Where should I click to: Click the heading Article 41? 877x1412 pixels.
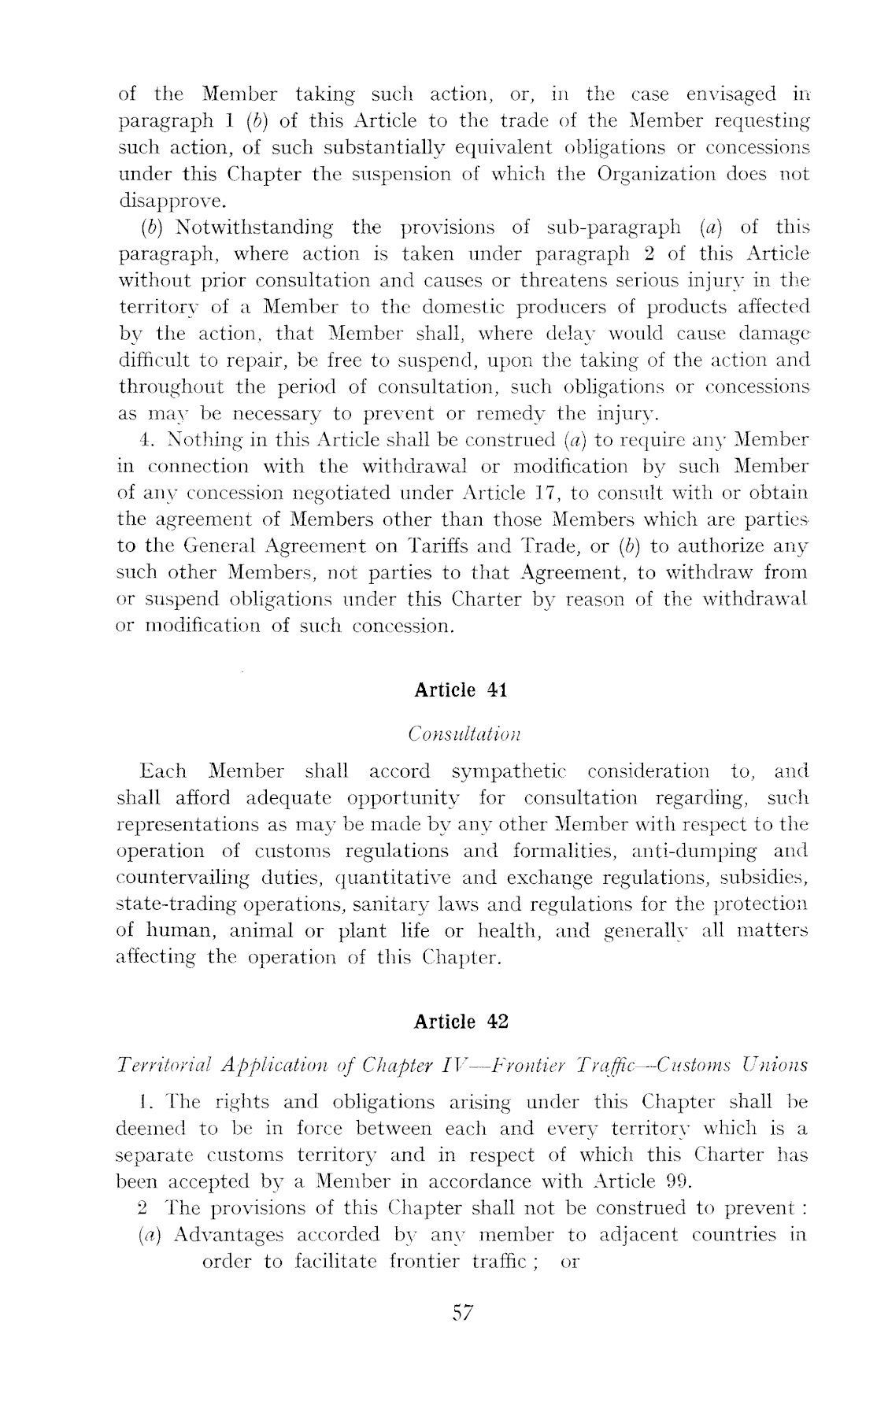[461, 690]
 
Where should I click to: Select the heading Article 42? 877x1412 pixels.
[461, 1022]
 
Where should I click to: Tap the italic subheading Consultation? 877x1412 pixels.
[465, 734]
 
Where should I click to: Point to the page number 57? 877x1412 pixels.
[462, 1312]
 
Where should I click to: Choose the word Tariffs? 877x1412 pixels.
[449, 546]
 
